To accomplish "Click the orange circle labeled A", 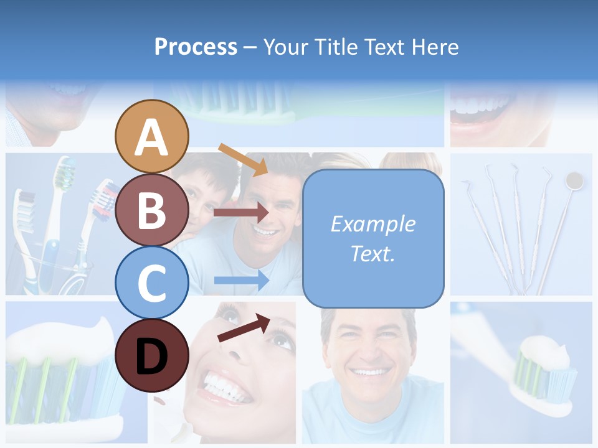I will [152, 136].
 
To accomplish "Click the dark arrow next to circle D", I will [244, 328].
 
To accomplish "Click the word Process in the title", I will [196, 47].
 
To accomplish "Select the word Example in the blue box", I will [373, 224].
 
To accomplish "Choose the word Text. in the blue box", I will [373, 254].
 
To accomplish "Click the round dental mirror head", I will [574, 180].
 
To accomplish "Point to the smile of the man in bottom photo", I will [369, 372].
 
